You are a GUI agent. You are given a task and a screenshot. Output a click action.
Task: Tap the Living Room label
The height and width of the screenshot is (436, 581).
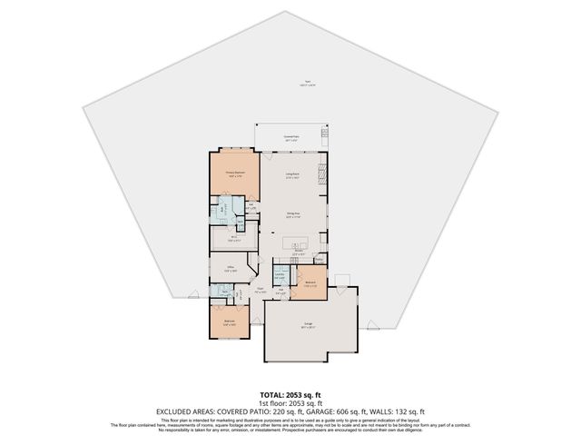coord(293,175)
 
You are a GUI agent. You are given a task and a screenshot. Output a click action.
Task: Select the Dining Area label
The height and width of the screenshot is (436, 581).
coord(293,215)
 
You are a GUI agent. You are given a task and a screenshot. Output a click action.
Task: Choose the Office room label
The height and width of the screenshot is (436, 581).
coord(231,269)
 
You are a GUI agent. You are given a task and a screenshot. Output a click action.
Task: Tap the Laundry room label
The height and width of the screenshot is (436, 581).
coord(281,274)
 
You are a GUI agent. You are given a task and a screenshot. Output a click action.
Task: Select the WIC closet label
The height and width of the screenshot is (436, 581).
coord(233,239)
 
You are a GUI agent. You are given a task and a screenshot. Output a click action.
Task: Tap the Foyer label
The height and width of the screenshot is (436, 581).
coord(260,292)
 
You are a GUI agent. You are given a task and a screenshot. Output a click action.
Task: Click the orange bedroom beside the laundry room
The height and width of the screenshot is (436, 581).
coord(310,283)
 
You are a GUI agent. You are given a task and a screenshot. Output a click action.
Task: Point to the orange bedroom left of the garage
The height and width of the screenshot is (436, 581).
coord(230,322)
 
